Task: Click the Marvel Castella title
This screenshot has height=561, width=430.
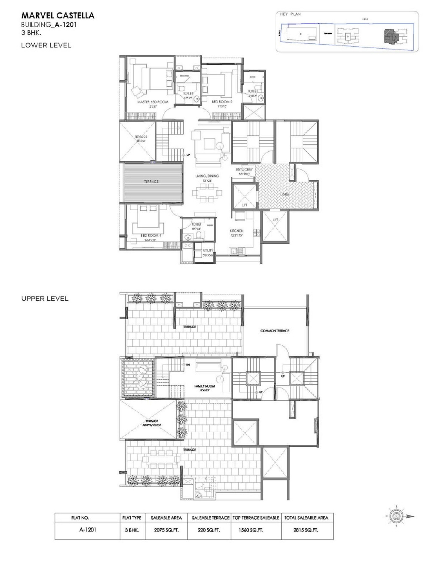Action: [58, 16]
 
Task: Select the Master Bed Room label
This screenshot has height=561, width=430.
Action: [153, 102]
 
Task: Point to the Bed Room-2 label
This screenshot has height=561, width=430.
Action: [222, 102]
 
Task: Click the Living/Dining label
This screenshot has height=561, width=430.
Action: [207, 176]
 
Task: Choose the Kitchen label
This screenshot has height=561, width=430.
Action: [236, 231]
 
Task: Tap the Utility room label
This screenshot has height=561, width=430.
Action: [208, 250]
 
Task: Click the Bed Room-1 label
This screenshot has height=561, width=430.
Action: [151, 235]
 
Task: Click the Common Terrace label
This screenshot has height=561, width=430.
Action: [275, 331]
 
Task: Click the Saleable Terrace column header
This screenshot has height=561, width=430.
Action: [210, 518]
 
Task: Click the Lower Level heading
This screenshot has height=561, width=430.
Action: [46, 45]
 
